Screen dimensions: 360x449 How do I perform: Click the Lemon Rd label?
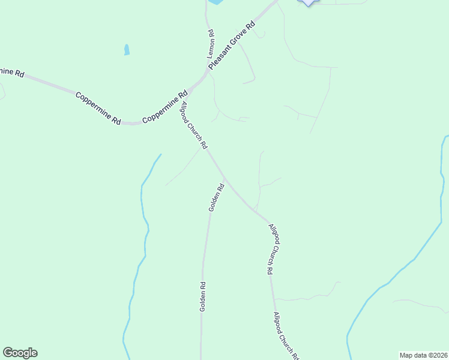click(211, 44)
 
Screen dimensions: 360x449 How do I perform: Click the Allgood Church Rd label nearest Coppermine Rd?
click(194, 125)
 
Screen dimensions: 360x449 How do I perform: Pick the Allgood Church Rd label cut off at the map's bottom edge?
click(286, 336)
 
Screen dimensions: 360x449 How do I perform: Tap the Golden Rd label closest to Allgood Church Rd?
click(216, 197)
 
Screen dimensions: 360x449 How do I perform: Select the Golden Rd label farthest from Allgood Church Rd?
click(203, 296)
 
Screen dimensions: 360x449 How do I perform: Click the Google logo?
click(20, 353)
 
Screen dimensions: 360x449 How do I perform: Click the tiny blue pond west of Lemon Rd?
click(127, 50)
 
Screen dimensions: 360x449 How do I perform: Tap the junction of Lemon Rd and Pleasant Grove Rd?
click(210, 73)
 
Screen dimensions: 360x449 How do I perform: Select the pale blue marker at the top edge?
click(308, 2)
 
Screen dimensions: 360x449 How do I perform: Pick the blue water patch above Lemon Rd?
click(215, 2)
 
